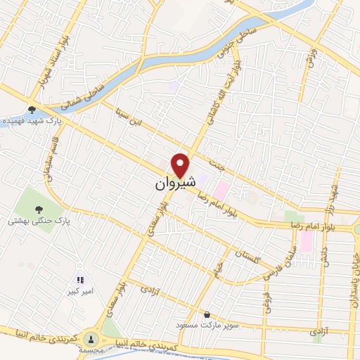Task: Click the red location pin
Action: (x=181, y=165)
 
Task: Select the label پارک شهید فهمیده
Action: (x=30, y=121)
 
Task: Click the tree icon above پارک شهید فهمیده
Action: (x=31, y=109)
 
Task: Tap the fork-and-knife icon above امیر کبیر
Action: (x=79, y=279)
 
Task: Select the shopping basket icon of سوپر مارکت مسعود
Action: (x=207, y=314)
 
